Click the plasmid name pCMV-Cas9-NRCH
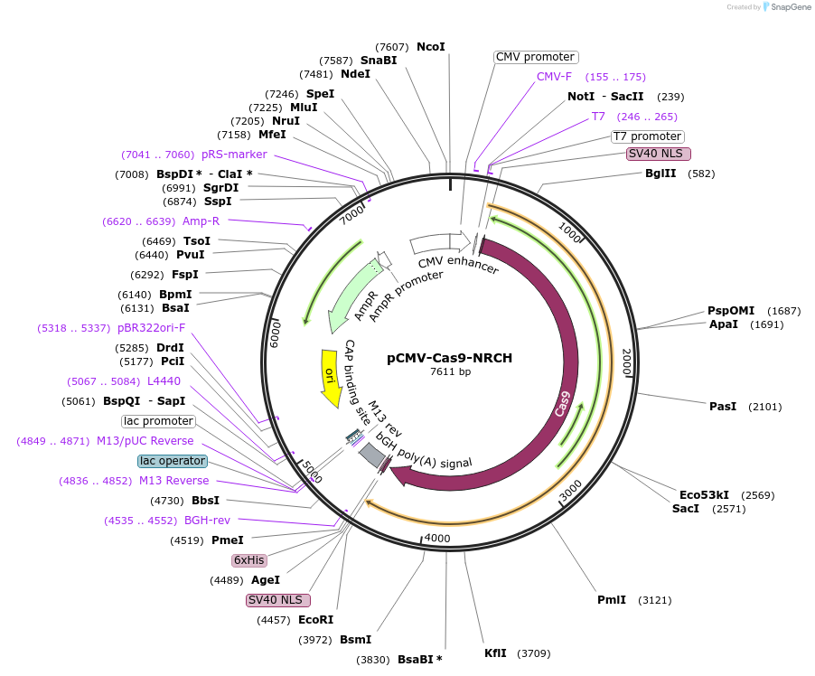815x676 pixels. (x=449, y=358)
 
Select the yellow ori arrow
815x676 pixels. (x=332, y=375)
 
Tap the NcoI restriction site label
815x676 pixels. (x=430, y=46)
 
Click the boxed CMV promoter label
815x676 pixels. (x=536, y=57)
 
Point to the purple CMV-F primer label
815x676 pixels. (x=554, y=77)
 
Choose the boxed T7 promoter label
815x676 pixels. (x=646, y=136)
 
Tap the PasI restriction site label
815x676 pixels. (x=723, y=407)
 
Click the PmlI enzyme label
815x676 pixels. (x=612, y=600)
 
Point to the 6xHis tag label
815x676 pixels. (x=248, y=560)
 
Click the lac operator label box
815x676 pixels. (x=173, y=461)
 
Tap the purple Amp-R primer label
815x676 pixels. (x=201, y=221)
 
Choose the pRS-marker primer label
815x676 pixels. (x=234, y=155)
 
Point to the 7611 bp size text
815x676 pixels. (x=450, y=371)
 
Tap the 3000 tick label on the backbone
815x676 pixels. (x=570, y=491)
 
